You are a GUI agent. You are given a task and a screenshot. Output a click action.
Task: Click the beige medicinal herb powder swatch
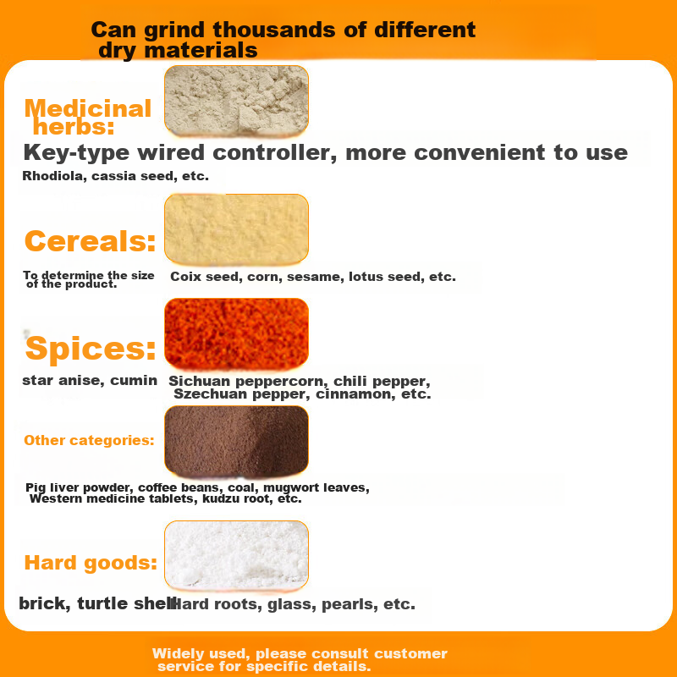tap(236, 100)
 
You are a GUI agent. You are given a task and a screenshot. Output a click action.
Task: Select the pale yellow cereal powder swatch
tap(236, 228)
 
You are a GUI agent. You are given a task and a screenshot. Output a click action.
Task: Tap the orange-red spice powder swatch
tap(236, 333)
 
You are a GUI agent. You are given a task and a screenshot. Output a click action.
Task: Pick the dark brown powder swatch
tap(236, 441)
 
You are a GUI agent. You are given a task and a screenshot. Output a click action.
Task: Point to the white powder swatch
tap(236, 555)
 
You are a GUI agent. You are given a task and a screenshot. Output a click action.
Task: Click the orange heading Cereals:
tap(90, 241)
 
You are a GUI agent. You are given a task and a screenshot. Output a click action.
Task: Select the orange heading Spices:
tap(91, 348)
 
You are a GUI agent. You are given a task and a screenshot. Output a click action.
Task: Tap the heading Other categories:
tap(89, 440)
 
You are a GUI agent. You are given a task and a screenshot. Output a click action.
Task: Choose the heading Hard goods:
tap(91, 563)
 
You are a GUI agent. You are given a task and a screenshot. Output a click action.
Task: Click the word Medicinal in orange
tap(88, 108)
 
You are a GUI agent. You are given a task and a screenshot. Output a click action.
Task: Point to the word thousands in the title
tap(274, 30)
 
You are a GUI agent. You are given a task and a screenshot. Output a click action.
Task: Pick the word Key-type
tap(76, 153)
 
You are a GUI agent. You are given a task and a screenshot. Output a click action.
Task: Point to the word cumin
tap(134, 380)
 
